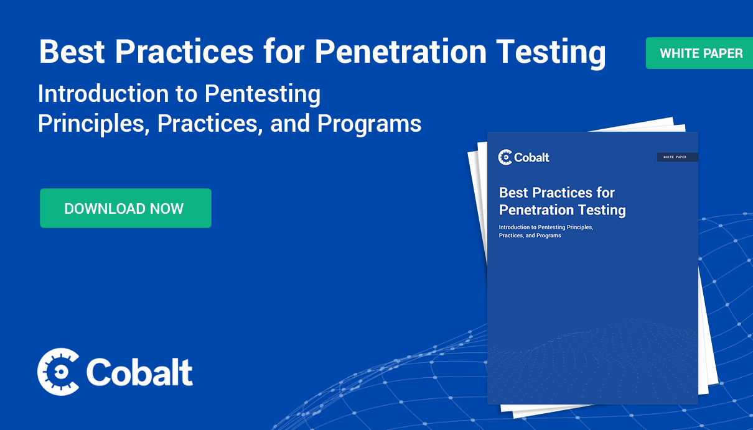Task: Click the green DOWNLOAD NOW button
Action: pyautogui.click(x=126, y=208)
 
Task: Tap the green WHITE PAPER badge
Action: pyautogui.click(x=699, y=53)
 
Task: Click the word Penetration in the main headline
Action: pyautogui.click(x=400, y=52)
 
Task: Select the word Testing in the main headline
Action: pyautogui.click(x=551, y=53)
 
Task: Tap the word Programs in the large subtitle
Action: pyautogui.click(x=369, y=124)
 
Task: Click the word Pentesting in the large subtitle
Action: pyautogui.click(x=263, y=94)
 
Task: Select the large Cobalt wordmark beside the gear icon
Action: pyautogui.click(x=139, y=372)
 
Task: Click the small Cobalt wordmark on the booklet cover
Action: pyautogui.click(x=531, y=157)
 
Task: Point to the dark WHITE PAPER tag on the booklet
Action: pyautogui.click(x=677, y=157)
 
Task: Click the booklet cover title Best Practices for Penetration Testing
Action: pyautogui.click(x=563, y=201)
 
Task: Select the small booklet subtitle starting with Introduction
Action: pyautogui.click(x=546, y=231)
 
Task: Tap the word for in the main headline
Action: pyautogui.click(x=284, y=52)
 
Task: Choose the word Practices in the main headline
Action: pyautogui.click(x=184, y=52)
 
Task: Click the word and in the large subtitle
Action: pyautogui.click(x=290, y=123)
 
